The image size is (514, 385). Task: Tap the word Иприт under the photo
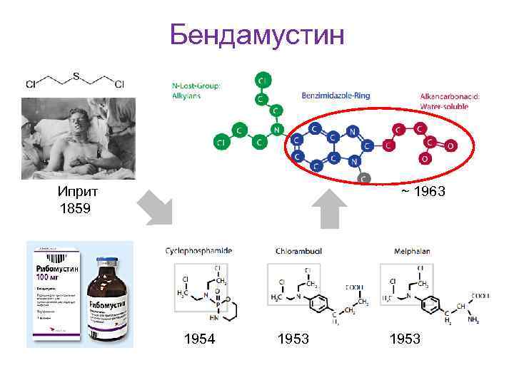78,192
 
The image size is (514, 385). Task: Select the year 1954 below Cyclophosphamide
199,339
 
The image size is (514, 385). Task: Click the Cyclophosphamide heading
198,251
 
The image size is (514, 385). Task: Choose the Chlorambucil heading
299,251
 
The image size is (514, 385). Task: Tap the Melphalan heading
412,251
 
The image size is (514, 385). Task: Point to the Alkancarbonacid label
449,96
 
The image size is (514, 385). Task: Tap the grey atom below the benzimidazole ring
364,178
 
